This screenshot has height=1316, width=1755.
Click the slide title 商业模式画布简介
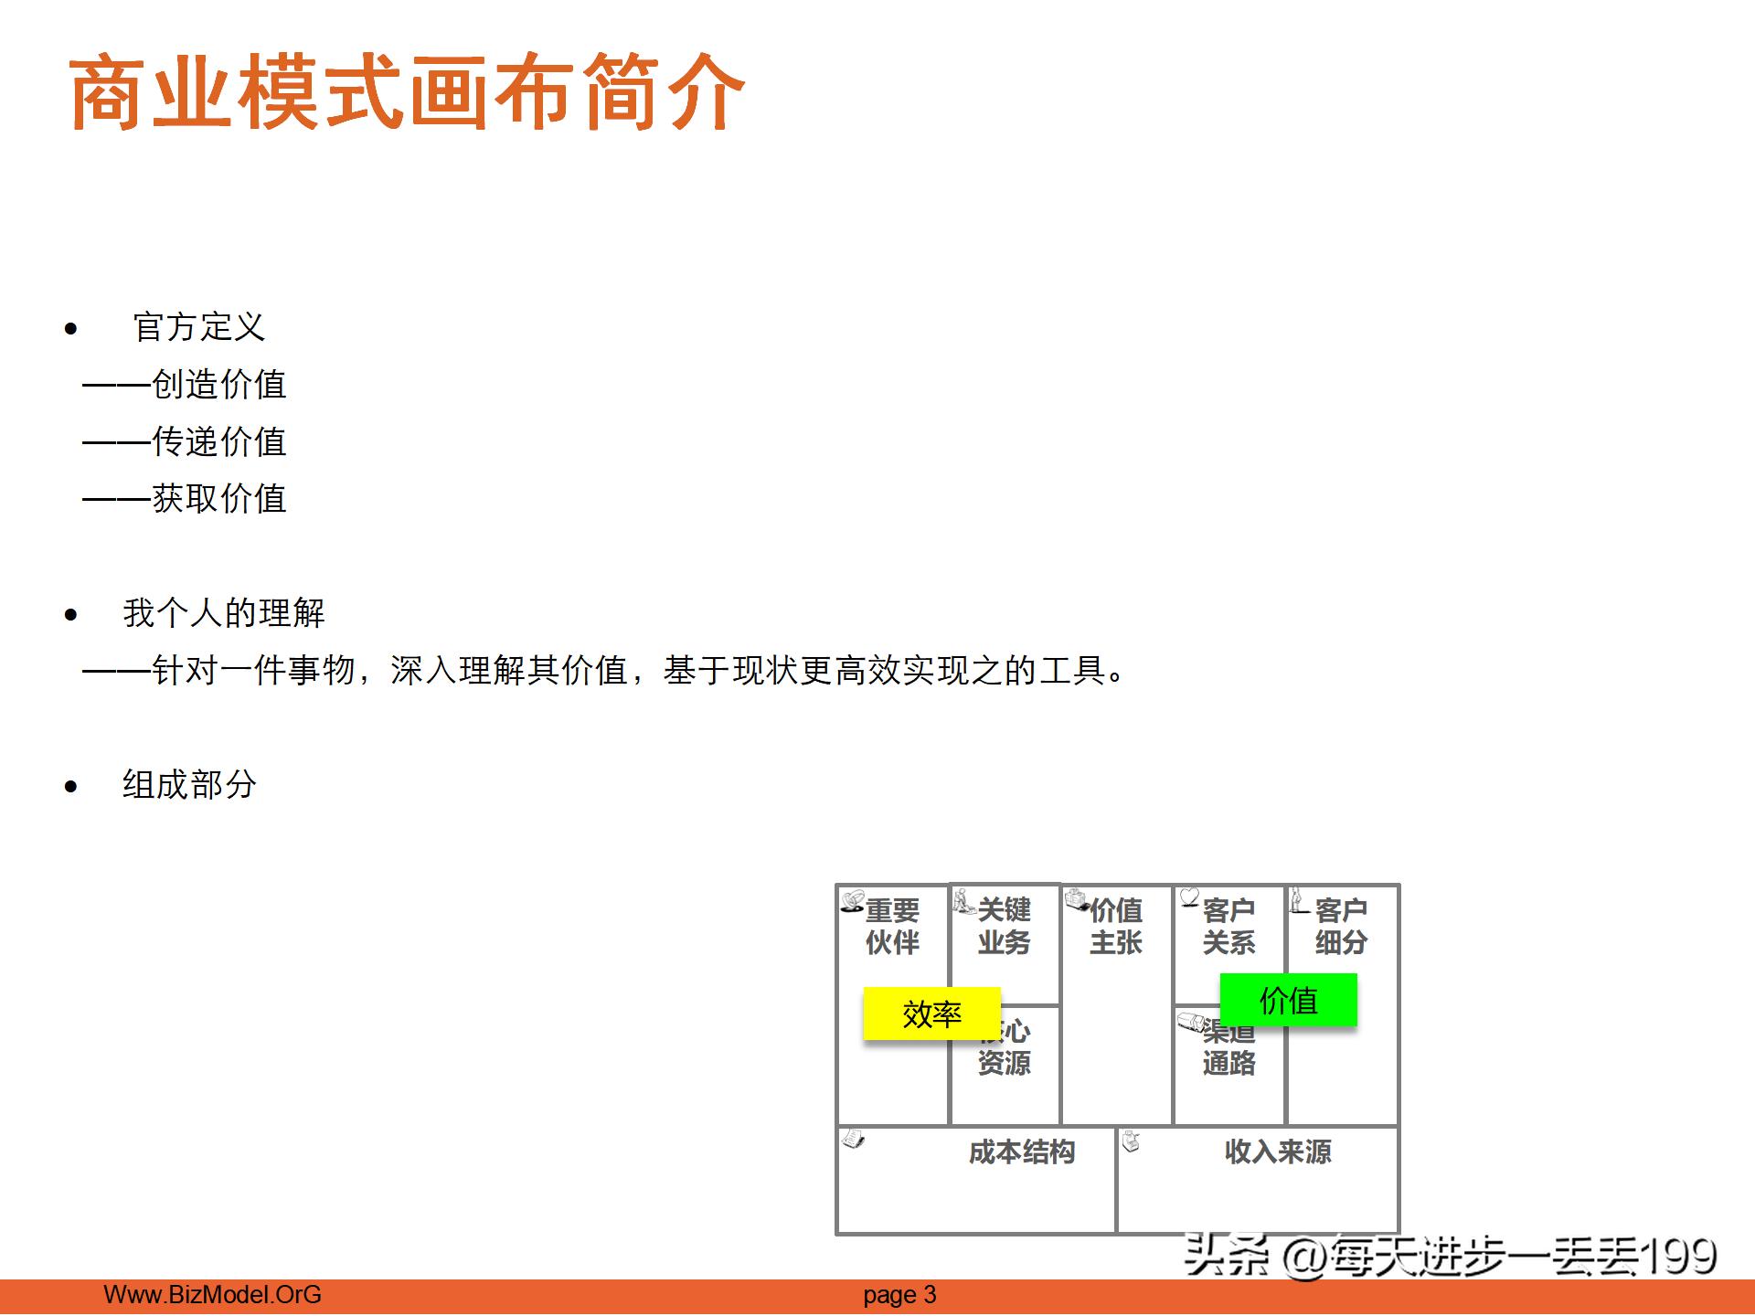407,92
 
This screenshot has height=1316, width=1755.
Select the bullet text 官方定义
199,327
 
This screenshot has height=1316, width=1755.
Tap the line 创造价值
218,385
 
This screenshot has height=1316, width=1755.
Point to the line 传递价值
218,442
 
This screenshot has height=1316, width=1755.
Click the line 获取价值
218,499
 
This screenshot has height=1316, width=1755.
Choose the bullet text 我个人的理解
224,613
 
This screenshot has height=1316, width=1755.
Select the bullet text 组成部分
189,785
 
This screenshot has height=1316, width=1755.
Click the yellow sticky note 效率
931,1014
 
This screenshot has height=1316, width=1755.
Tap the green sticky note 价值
1288,1000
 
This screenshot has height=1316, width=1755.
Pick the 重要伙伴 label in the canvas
892,926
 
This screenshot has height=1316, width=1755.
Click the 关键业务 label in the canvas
1004,926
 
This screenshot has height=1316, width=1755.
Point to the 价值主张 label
1115,926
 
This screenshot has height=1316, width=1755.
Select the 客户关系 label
1228,926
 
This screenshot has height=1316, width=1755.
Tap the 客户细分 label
1341,926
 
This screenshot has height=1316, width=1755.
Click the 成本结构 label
1022,1151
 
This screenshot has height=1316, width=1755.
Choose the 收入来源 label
1278,1151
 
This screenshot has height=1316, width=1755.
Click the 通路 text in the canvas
1228,1064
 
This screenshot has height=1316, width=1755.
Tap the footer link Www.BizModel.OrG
212,1295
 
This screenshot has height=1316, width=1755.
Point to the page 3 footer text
899,1295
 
